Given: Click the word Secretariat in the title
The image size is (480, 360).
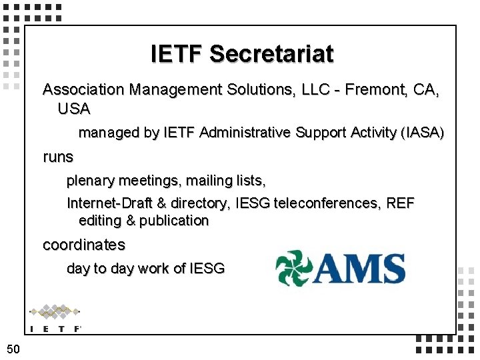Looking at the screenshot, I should (x=271, y=53).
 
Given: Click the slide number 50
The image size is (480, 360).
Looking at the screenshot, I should (x=13, y=348).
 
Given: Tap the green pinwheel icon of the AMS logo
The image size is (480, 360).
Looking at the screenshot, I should (x=293, y=267).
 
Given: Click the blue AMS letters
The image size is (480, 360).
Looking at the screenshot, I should (x=360, y=268).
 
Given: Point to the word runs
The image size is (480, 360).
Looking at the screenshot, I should (x=58, y=157).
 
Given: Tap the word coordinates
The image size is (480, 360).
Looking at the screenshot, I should (x=83, y=245).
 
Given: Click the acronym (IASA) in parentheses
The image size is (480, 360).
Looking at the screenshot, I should (x=422, y=133).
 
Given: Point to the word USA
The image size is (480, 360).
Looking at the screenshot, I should (x=73, y=108).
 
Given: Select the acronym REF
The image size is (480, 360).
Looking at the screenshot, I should (x=401, y=203).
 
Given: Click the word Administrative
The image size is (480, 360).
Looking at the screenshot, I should (x=245, y=133).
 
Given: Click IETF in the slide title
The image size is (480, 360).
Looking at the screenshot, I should (x=177, y=53).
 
